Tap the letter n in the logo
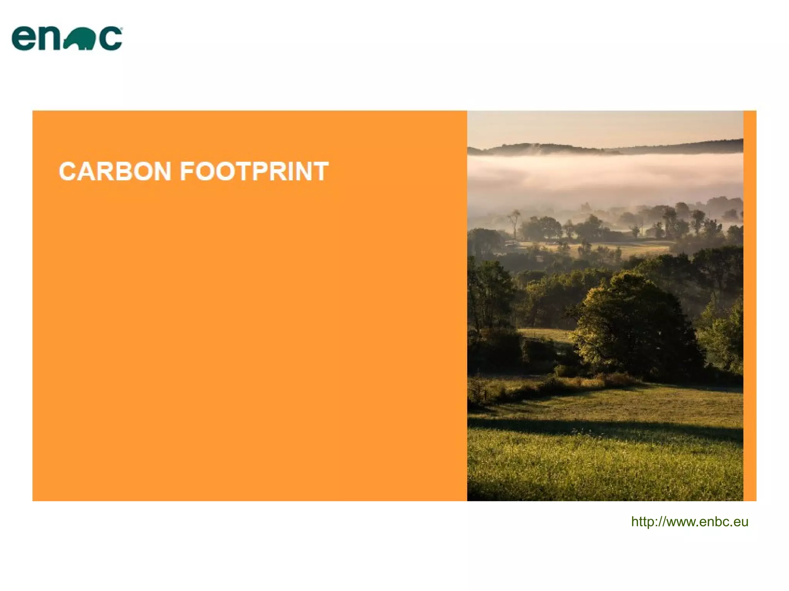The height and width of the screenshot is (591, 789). click(x=50, y=39)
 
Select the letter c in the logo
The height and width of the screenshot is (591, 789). click(x=110, y=39)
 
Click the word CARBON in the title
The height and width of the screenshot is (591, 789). click(x=115, y=171)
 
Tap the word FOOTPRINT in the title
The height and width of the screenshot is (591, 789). click(x=254, y=171)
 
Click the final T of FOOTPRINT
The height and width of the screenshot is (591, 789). click(x=320, y=171)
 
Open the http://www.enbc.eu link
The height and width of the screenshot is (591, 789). click(x=689, y=522)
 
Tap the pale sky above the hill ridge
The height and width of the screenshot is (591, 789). click(x=605, y=127)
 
